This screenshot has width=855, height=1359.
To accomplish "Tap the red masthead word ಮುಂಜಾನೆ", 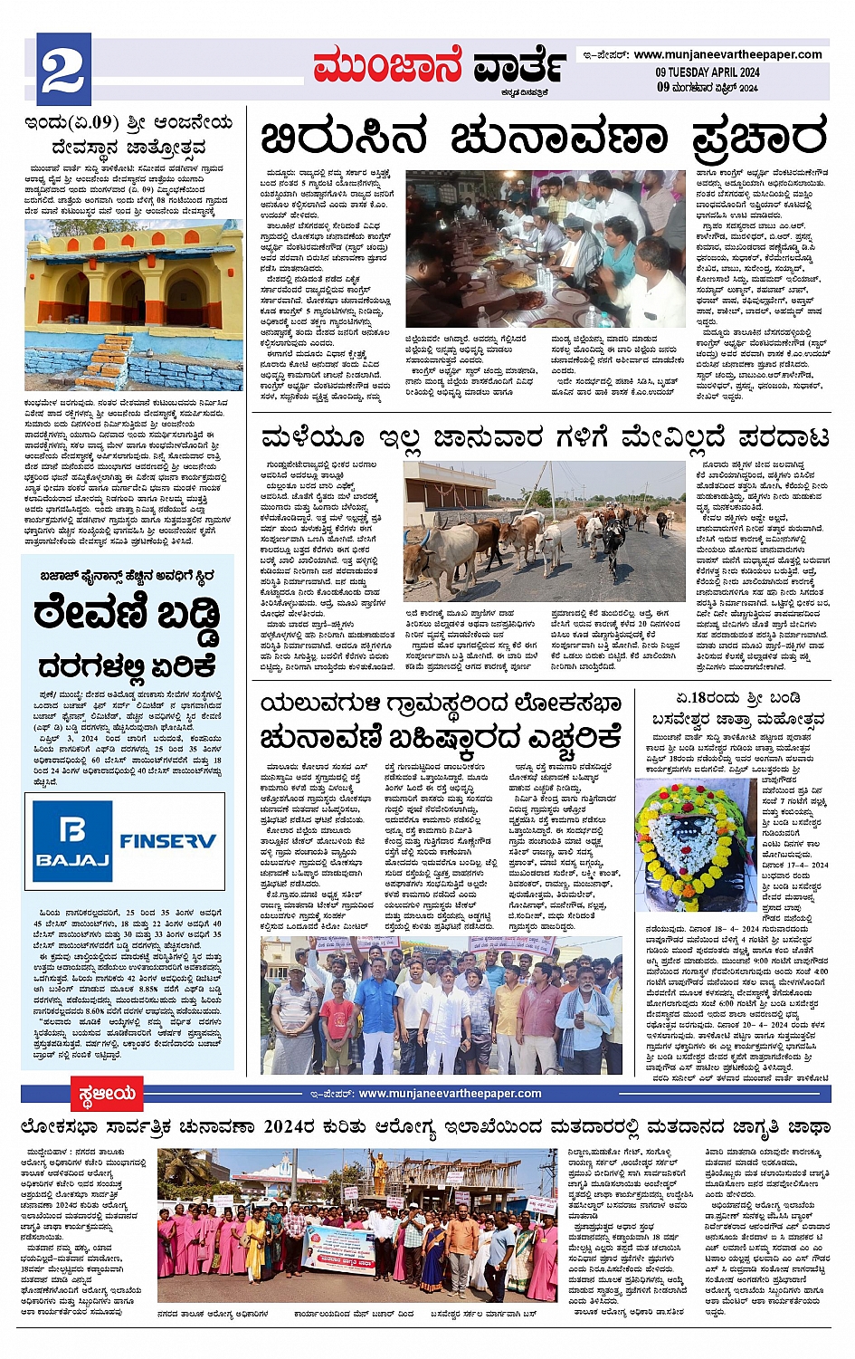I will pyautogui.click(x=387, y=66).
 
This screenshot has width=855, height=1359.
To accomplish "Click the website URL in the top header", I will pyautogui.click(x=727, y=54).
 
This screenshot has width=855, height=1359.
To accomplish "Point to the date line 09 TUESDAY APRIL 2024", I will pyautogui.click(x=708, y=72).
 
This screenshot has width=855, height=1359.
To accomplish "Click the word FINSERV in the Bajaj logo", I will pyautogui.click(x=168, y=840).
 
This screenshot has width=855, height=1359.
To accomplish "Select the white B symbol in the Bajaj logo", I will pyautogui.click(x=72, y=829).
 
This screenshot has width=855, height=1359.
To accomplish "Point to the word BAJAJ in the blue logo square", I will pyautogui.click(x=72, y=860).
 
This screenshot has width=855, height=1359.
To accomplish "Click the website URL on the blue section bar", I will pyautogui.click(x=450, y=1094).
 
